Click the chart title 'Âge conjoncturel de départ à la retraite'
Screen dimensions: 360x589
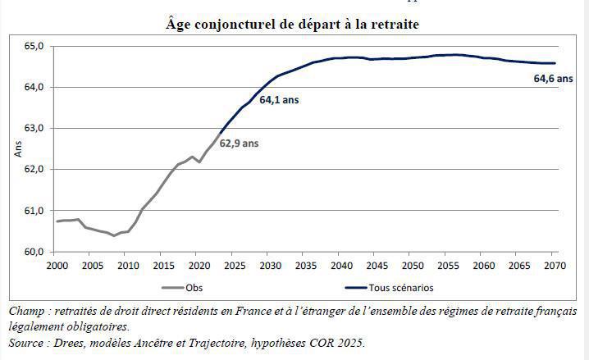click(292, 25)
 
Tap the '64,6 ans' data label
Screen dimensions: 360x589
click(554, 79)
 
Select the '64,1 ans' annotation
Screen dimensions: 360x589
click(279, 100)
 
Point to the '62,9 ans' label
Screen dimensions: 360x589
click(239, 143)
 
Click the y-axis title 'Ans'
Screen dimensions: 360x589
click(18, 148)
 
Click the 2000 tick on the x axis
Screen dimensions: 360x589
click(56, 267)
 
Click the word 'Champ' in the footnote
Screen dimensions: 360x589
click(25, 312)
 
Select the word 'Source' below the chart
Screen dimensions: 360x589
click(27, 342)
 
